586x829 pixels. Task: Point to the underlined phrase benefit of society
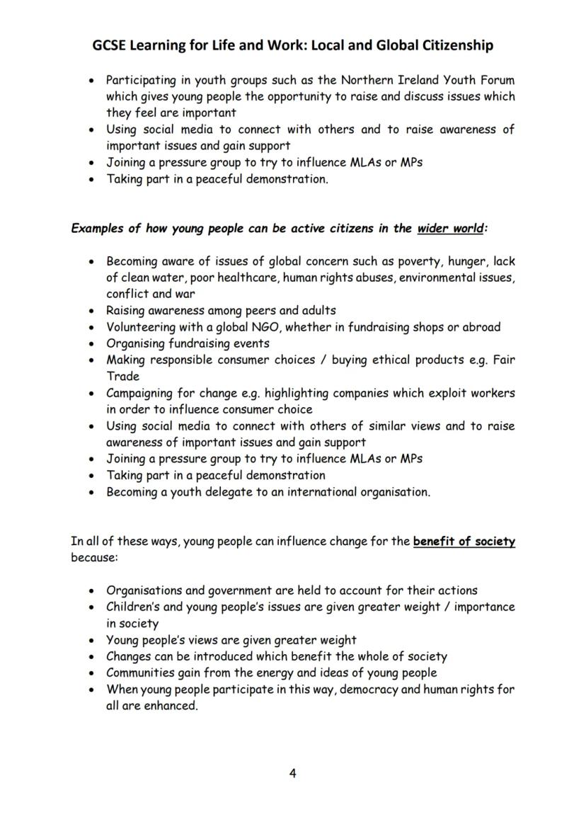(464, 542)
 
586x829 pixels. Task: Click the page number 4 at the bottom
(292, 773)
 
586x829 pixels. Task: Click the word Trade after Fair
(123, 376)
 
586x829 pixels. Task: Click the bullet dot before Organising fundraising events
(92, 344)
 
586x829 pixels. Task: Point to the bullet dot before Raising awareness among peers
(92, 311)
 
